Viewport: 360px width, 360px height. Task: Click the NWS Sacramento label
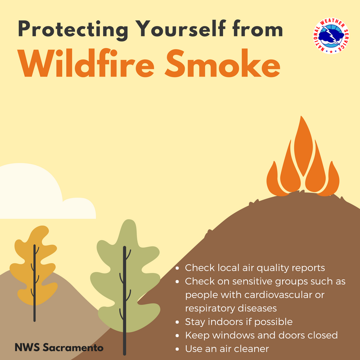pos(59,347)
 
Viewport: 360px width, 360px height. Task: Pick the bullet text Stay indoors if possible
pos(238,322)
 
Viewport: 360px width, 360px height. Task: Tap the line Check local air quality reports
pos(255,268)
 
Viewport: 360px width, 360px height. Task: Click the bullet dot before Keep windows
pos(179,336)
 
